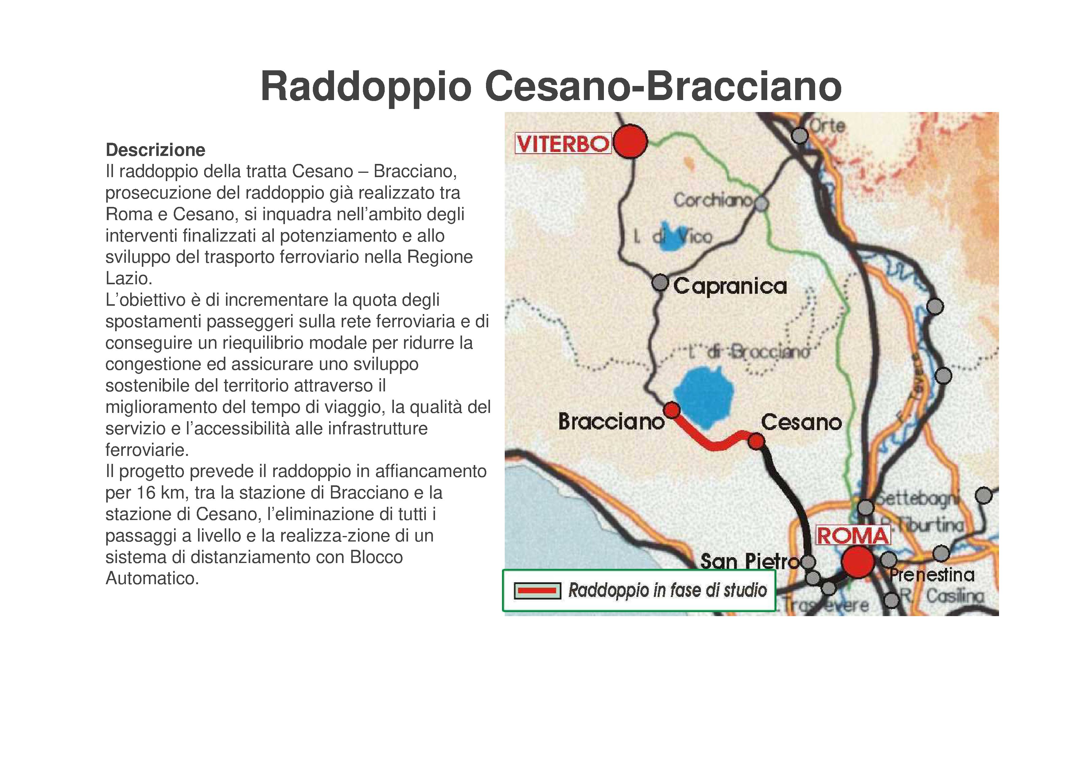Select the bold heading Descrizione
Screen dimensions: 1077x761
click(155, 150)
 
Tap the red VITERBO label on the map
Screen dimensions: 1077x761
click(563, 143)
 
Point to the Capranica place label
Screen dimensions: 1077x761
click(730, 286)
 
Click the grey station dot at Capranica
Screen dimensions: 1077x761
click(660, 283)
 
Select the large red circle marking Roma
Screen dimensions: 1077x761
click(858, 561)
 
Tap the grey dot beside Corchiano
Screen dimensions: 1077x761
click(761, 204)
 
